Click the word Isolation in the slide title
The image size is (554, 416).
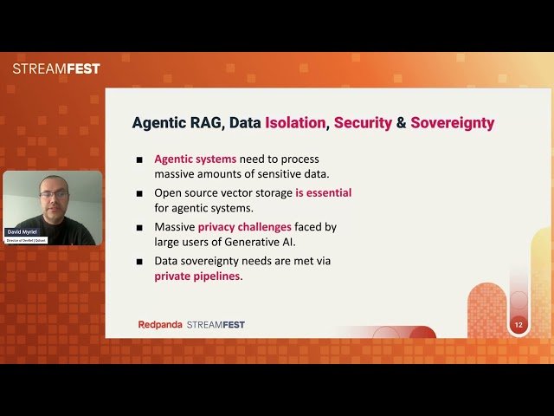tap(296, 122)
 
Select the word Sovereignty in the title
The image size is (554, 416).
tap(452, 122)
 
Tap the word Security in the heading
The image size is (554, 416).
tap(362, 122)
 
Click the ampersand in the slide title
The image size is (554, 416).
tap(401, 122)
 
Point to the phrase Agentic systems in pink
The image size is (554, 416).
tap(195, 159)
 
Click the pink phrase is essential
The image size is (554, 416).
tap(323, 192)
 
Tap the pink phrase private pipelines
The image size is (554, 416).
tap(198, 276)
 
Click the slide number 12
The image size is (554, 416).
tap(519, 325)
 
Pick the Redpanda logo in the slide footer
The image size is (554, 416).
tap(160, 325)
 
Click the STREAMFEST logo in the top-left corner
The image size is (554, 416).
tap(56, 68)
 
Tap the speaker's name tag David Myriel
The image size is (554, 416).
tap(23, 232)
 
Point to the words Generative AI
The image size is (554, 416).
tap(259, 242)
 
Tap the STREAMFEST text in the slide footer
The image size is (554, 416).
tap(216, 325)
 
